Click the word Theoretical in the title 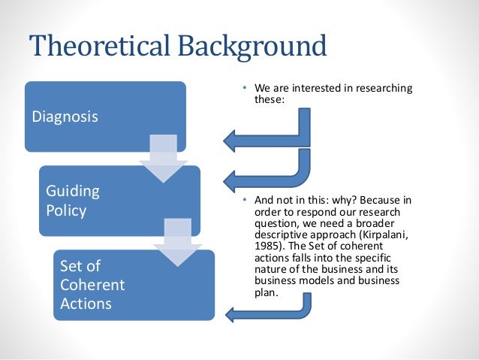pos(101,47)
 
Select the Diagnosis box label pos(65,118)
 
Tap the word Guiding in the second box pos(72,191)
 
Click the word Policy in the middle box pos(67,210)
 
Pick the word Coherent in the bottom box pos(92,286)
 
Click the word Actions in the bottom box pos(86,304)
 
